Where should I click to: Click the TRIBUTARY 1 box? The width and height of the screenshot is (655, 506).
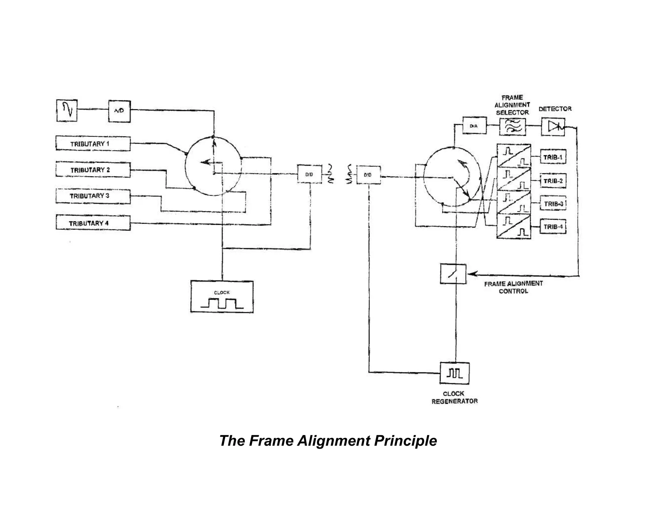[x=93, y=144]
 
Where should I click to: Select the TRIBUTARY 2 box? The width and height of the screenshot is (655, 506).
[x=93, y=170]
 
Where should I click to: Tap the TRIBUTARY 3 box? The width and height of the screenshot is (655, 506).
[x=93, y=196]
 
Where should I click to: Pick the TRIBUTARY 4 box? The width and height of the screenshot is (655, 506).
[x=93, y=223]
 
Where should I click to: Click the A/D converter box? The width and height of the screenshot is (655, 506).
[x=119, y=111]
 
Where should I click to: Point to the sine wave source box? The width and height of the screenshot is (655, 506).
[x=67, y=110]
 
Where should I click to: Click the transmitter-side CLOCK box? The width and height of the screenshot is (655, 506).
[x=222, y=297]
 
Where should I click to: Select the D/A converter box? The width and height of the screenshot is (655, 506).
[x=474, y=126]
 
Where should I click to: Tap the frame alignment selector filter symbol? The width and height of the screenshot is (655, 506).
[x=512, y=127]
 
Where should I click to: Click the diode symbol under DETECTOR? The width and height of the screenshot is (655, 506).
[x=553, y=127]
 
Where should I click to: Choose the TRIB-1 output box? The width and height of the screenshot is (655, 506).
[x=553, y=157]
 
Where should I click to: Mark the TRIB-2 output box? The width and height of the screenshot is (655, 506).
[x=553, y=181]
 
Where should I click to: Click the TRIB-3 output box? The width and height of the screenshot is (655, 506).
[x=553, y=204]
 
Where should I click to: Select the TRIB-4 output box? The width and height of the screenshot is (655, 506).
[x=553, y=227]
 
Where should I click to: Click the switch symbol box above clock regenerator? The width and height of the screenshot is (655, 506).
[x=453, y=274]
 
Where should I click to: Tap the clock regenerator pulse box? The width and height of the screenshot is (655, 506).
[x=454, y=373]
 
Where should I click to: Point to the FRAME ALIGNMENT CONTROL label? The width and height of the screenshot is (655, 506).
[x=513, y=287]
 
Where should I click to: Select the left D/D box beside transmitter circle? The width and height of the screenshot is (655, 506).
[x=309, y=174]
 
